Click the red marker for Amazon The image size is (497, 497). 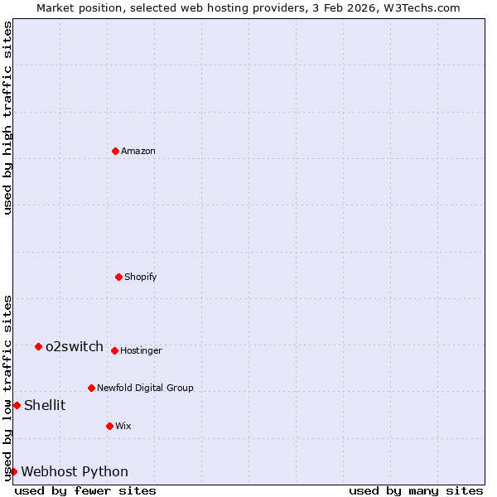coord(115,151)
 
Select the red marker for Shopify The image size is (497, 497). coord(118,277)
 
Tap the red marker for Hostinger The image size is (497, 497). coord(114,350)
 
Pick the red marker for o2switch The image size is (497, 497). coord(38,346)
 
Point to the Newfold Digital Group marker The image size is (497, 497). coord(91,388)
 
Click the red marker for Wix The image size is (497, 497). coord(109,426)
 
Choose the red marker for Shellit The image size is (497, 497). coord(17,405)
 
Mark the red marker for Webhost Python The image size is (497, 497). coord(13,471)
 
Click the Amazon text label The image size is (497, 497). coord(138,151)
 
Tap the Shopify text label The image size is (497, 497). coord(141,277)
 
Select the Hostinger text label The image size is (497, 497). coord(141,350)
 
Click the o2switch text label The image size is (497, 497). coord(75,346)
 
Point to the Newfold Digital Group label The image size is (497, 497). coord(145,388)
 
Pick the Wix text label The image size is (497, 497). coord(123,426)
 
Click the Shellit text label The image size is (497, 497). coord(45,405)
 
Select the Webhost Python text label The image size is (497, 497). coord(75,471)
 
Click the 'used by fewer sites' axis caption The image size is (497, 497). coord(85,490)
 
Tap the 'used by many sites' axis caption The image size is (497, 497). coord(416,490)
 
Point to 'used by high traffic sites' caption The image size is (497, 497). coord(7,118)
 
